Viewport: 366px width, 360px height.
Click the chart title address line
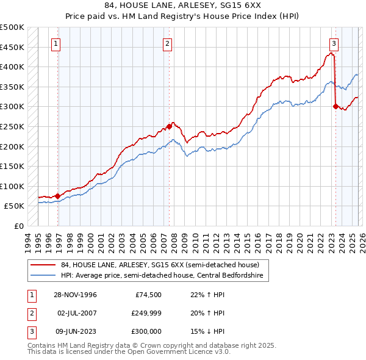click(182, 5)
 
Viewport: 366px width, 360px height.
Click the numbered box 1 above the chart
click(56, 43)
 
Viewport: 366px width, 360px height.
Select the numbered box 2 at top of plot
click(167, 43)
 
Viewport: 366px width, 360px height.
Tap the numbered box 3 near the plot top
click(334, 43)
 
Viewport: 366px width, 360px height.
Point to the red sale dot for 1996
click(57, 196)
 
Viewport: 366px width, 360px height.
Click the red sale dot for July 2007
click(169, 126)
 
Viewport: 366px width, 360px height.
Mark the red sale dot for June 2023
click(335, 106)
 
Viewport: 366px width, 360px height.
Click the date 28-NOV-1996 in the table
click(76, 295)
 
